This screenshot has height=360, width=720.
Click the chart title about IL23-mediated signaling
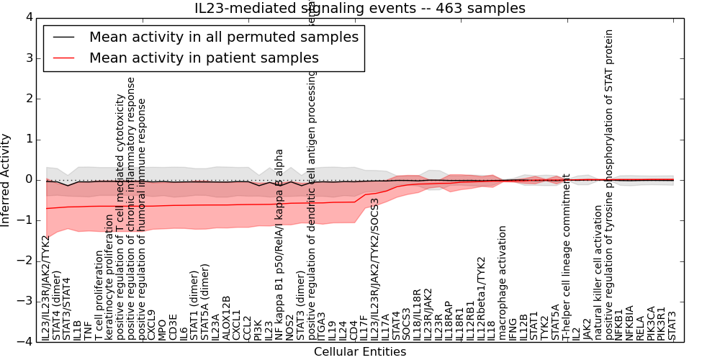pos(360,8)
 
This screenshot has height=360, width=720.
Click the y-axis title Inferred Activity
pos(6,180)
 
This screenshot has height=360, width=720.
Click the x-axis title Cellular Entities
pos(360,352)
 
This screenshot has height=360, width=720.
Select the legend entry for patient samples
pos(204,58)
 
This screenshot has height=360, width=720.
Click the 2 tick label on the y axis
pos(30,99)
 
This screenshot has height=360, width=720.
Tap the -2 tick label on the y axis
pos(27,261)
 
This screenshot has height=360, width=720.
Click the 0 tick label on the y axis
pos(30,180)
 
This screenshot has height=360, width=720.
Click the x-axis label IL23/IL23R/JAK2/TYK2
pos(47,288)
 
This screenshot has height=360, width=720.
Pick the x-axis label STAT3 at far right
pos(672,325)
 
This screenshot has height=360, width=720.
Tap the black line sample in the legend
pos(63,37)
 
